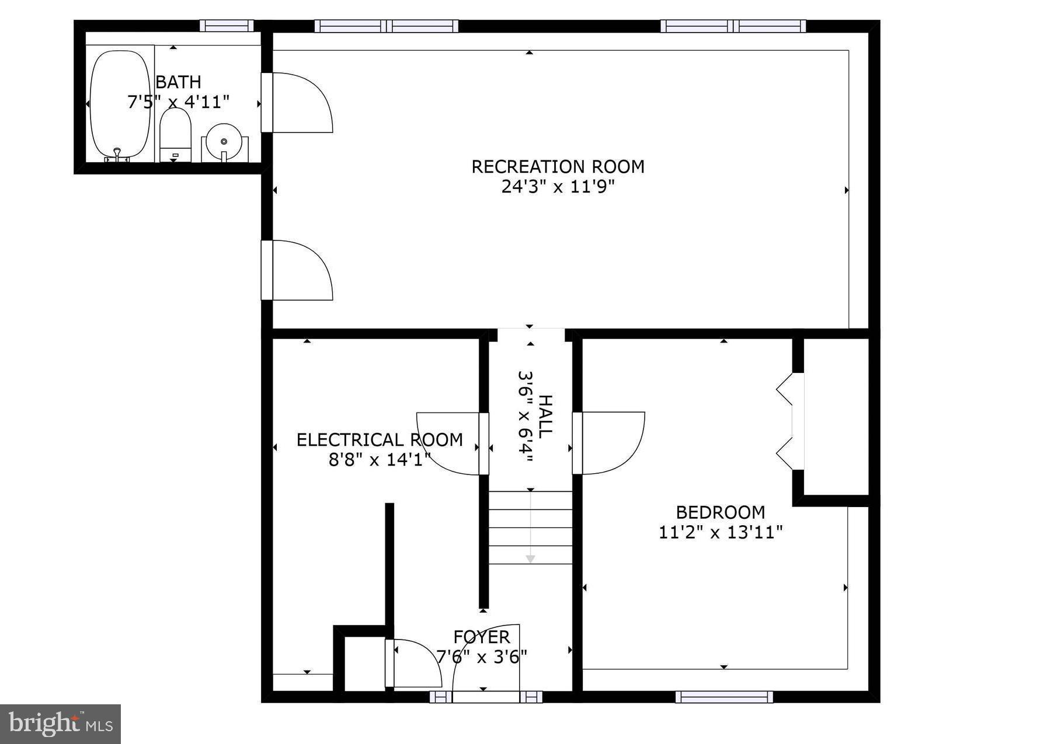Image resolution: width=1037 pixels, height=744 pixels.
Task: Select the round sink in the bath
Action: (224, 142)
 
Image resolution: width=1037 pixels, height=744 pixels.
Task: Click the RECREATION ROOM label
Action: (558, 167)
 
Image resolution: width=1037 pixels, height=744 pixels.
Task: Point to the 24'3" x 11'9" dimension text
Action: (558, 187)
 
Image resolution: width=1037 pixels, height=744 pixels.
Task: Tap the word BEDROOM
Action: (720, 512)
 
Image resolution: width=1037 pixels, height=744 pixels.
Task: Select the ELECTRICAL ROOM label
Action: (380, 440)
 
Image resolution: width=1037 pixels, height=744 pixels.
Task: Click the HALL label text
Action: (544, 417)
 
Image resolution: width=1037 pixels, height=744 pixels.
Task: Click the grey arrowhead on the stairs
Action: (530, 559)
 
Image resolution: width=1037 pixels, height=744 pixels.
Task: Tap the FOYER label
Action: (482, 637)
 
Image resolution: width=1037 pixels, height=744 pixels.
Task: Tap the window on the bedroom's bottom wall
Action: (724, 697)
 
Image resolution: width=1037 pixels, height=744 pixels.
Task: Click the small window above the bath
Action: (227, 26)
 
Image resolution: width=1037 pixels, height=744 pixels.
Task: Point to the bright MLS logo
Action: (60, 724)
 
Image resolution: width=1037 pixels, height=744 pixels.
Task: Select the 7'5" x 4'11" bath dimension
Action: (178, 103)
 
